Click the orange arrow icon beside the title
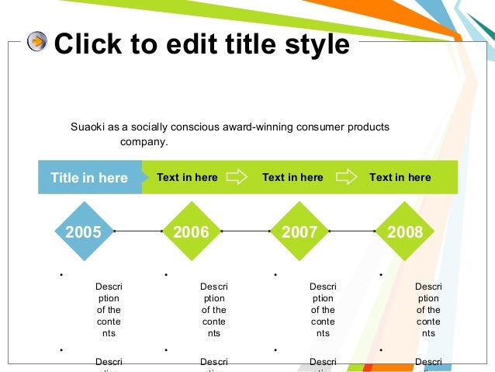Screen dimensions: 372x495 [37, 43]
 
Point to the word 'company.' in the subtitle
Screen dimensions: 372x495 [144, 142]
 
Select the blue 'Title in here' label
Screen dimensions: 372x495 [89, 178]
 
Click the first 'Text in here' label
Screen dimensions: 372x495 [187, 177]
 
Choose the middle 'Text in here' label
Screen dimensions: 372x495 [292, 177]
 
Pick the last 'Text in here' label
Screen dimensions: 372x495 [400, 177]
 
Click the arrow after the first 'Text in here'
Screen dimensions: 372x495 [236, 177]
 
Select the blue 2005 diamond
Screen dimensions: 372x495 [83, 231]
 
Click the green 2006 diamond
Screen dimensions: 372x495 [191, 231]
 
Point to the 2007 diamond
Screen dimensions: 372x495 [299, 231]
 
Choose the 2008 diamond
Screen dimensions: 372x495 [405, 231]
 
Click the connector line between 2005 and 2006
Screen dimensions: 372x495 [137, 231]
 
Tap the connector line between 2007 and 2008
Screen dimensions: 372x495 [352, 231]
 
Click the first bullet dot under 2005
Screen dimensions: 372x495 [60, 275]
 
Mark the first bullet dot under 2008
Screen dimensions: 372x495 [381, 275]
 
